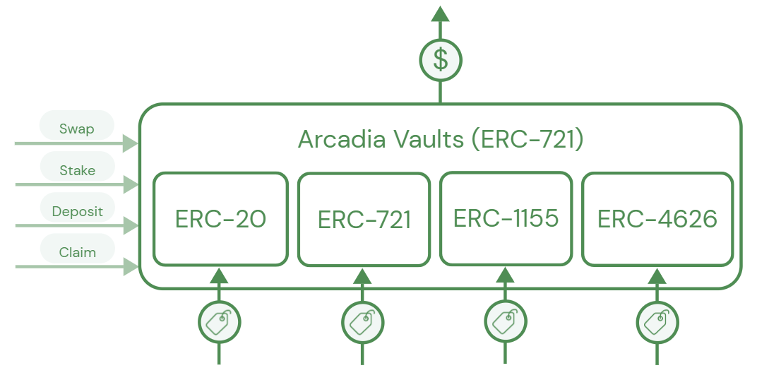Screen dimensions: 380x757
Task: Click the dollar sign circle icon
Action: [x=440, y=60]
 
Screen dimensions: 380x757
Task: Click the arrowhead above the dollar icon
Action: [x=440, y=13]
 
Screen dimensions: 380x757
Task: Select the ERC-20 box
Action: [x=220, y=219]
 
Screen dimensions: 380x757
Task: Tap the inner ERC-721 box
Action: [x=364, y=219]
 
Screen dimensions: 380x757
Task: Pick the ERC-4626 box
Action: [x=657, y=219]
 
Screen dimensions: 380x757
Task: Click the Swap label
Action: [x=76, y=129]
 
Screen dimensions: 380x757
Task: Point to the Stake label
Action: [x=77, y=170]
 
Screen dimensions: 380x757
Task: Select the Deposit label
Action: [x=77, y=211]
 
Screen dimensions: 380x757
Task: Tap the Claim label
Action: [x=77, y=252]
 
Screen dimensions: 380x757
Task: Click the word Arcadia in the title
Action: [x=342, y=139]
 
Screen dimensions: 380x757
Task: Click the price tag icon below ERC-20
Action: [x=219, y=323]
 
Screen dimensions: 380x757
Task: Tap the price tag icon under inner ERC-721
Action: [x=362, y=323]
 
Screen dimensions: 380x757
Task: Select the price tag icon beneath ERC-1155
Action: [x=506, y=321]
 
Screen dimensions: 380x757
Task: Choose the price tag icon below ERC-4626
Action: [x=657, y=323]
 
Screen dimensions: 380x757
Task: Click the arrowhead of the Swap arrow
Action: [x=131, y=144]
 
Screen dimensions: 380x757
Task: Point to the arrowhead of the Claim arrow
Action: [x=131, y=267]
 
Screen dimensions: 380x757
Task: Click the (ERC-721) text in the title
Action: [x=527, y=139]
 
